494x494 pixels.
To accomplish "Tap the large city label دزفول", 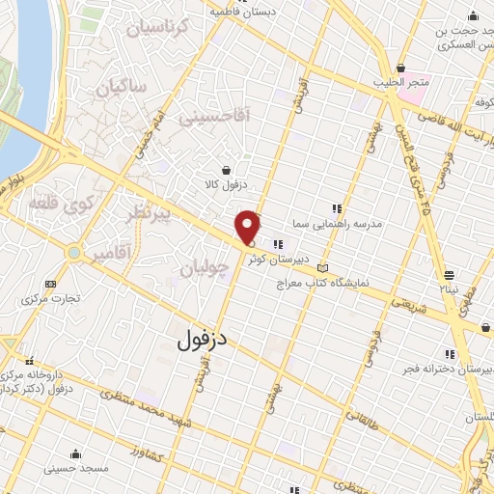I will (203, 340).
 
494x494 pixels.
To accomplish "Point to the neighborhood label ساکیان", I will (121, 88).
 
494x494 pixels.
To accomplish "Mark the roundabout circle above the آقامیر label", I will (72, 253).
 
